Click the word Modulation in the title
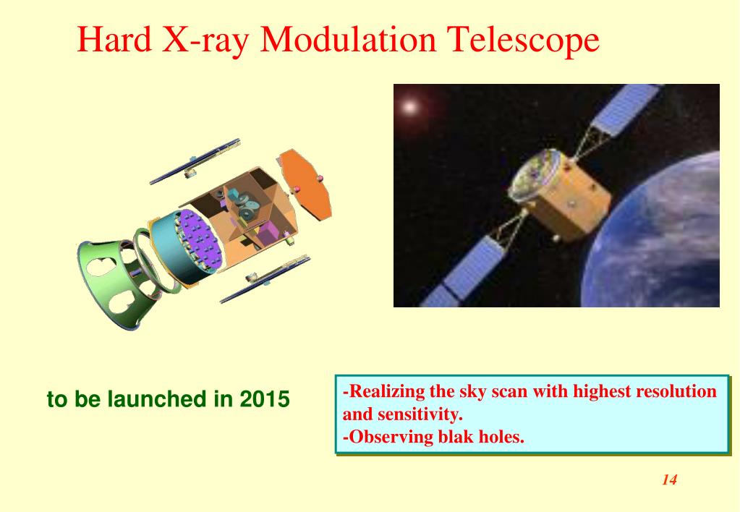pyautogui.click(x=348, y=39)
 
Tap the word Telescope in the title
pyautogui.click(x=523, y=39)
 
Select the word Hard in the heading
pyautogui.click(x=114, y=39)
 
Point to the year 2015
pyautogui.click(x=264, y=399)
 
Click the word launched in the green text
pyautogui.click(x=157, y=399)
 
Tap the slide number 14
pyautogui.click(x=669, y=480)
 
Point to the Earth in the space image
pyautogui.click(x=660, y=241)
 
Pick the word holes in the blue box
pyautogui.click(x=501, y=437)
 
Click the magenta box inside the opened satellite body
pyautogui.click(x=267, y=234)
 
